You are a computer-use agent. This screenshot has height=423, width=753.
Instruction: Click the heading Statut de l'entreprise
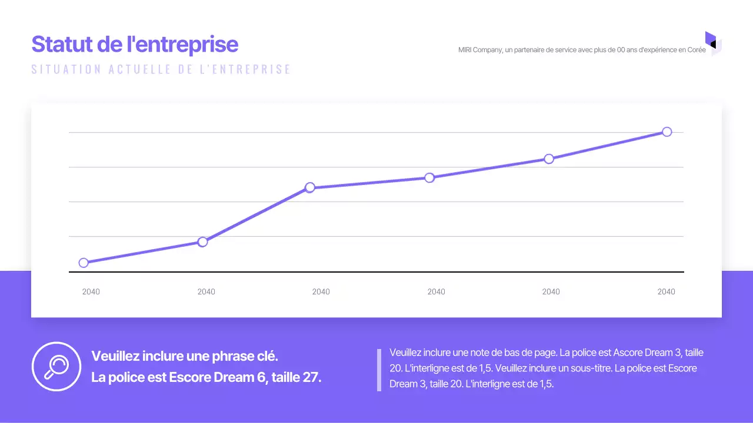[x=135, y=45]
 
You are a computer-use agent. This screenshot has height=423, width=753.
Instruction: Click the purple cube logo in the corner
[x=712, y=43]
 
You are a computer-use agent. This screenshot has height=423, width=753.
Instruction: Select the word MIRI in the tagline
[x=465, y=50]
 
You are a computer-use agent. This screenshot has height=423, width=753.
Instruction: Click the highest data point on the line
[x=667, y=132]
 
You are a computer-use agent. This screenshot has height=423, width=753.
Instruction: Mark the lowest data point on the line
[x=84, y=263]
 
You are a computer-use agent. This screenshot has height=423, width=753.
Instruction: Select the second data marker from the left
[x=202, y=241]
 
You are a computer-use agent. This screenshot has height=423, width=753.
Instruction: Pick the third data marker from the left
[x=310, y=187]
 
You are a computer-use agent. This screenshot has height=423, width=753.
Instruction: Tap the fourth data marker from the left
[x=429, y=177]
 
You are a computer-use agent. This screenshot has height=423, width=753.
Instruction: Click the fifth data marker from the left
[x=549, y=159]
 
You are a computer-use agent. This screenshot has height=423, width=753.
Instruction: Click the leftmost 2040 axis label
[x=91, y=292]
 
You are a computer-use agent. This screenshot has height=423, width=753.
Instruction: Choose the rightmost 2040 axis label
[x=666, y=292]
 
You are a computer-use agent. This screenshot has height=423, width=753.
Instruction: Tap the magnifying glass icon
[x=56, y=367]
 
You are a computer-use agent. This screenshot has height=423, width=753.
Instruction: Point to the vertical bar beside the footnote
[x=379, y=370]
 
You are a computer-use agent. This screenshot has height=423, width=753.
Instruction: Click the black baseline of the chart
[x=376, y=272]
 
